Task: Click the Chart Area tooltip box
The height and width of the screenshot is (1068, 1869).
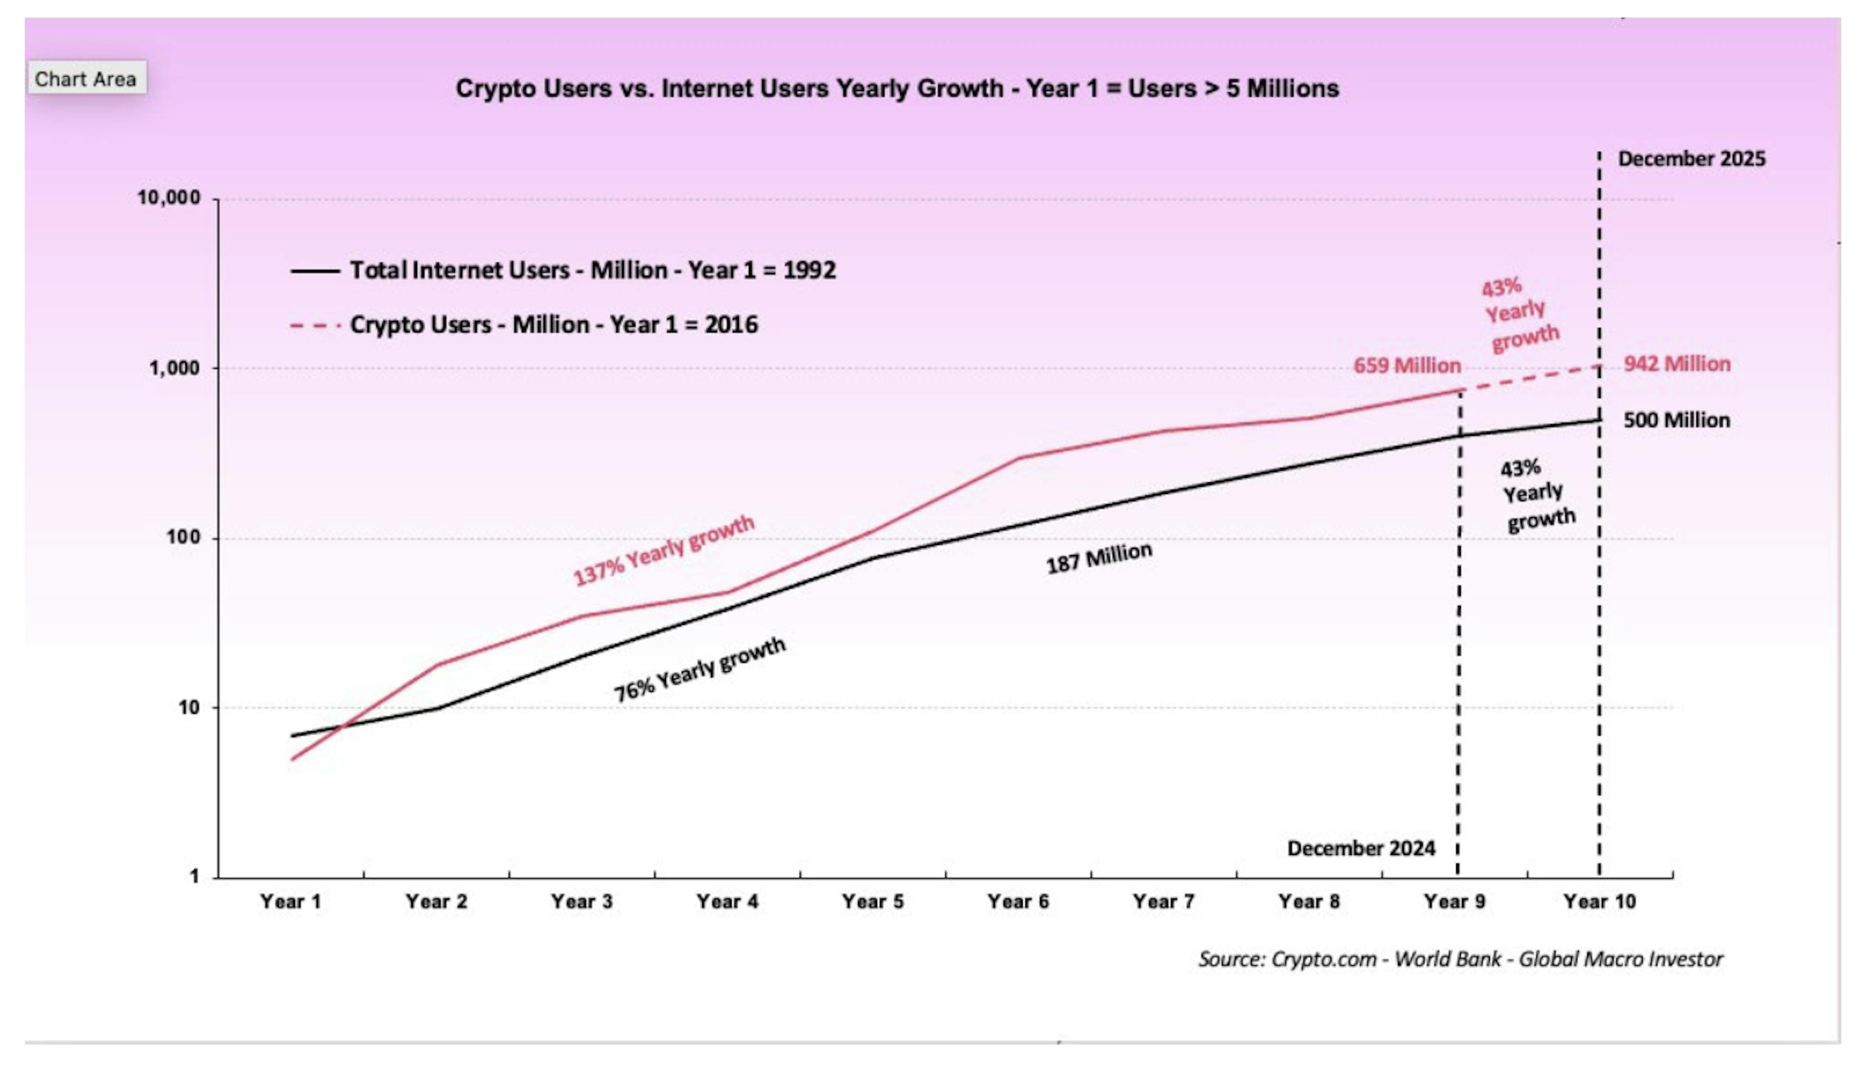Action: click(x=86, y=78)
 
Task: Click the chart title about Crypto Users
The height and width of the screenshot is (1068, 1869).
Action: click(x=897, y=89)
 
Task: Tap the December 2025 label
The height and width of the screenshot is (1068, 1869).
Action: click(x=1691, y=159)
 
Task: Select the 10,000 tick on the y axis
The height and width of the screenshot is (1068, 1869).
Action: click(x=169, y=198)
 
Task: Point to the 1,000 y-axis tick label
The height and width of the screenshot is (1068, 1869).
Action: click(x=175, y=368)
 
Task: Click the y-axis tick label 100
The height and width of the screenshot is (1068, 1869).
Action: click(x=183, y=538)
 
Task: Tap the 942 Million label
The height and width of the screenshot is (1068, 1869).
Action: click(x=1676, y=364)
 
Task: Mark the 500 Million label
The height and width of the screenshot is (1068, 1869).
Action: click(x=1676, y=420)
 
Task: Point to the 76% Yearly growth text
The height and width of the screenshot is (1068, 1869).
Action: click(x=699, y=670)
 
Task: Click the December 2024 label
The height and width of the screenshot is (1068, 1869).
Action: click(x=1361, y=849)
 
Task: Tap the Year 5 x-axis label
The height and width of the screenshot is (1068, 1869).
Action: click(x=872, y=902)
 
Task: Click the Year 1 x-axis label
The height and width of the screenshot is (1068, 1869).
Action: click(x=291, y=902)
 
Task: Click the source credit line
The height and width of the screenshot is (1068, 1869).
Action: click(x=1460, y=959)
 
